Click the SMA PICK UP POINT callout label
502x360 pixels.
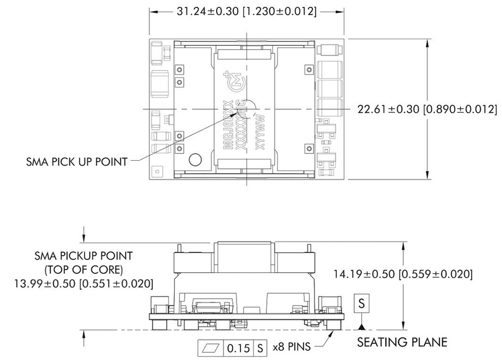(x=76, y=162)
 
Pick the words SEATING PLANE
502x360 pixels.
(x=402, y=342)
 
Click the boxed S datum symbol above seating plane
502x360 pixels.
(x=361, y=304)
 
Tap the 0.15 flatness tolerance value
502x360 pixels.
(x=238, y=348)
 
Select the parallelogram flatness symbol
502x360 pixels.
(x=211, y=348)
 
